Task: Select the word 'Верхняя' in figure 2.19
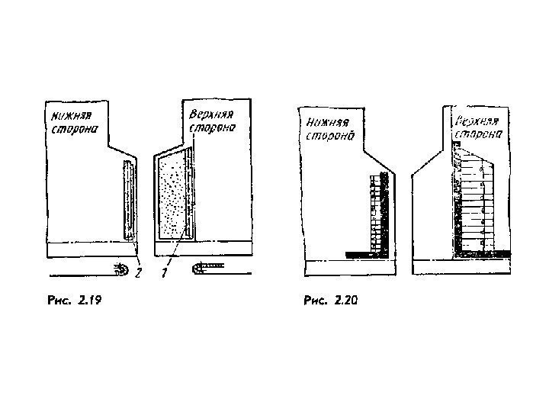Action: [209, 114]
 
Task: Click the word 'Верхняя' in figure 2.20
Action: [476, 122]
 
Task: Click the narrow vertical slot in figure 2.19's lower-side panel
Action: [129, 201]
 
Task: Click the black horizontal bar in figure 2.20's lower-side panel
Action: [360, 253]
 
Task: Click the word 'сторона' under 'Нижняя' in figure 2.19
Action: [74, 130]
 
